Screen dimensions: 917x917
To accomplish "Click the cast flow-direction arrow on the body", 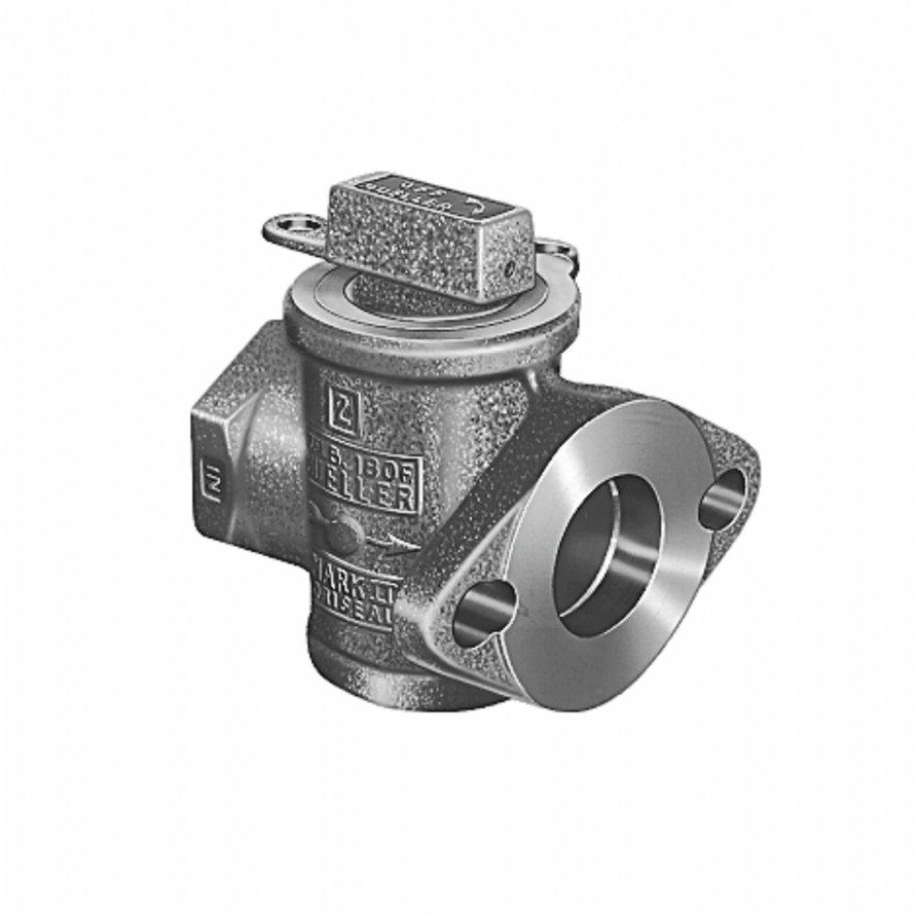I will click(x=390, y=544).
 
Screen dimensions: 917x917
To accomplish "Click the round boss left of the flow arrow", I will click(x=332, y=527).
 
